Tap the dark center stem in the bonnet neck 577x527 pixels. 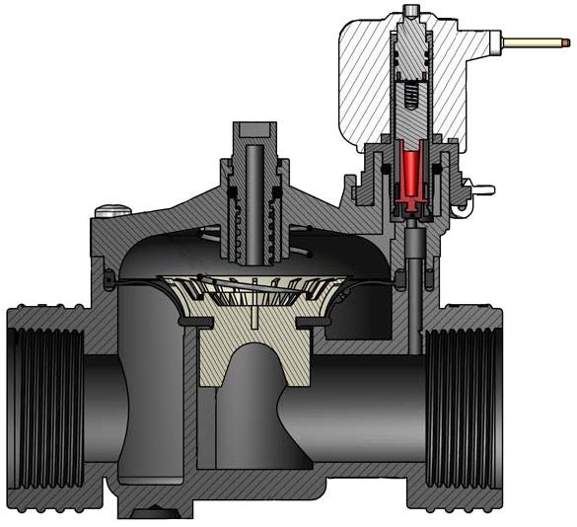pyautogui.click(x=255, y=197)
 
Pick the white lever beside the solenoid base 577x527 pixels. pyautogui.click(x=483, y=185)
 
